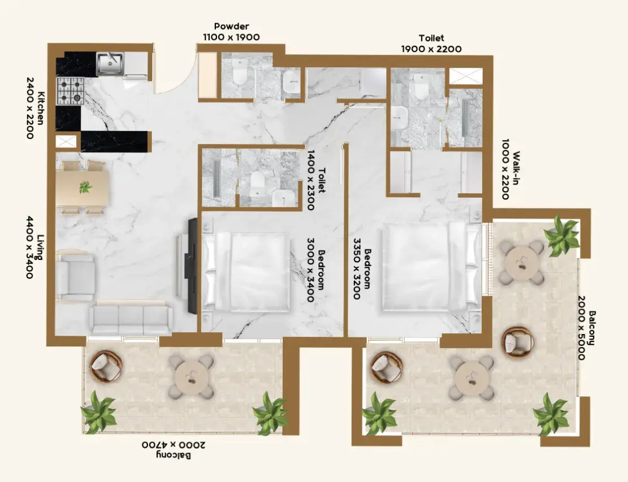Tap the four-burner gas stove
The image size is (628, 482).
pos(70,91)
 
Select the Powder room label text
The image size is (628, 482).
pos(232,27)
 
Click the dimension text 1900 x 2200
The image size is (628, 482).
pos(431,49)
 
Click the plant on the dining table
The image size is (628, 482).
pos(85,187)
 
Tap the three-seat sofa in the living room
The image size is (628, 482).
pos(131,319)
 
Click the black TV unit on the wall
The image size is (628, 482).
pos(193,266)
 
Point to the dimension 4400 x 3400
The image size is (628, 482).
pos(30,247)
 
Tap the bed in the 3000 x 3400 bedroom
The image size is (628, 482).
pos(246,272)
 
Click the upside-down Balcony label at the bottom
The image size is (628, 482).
pos(174,455)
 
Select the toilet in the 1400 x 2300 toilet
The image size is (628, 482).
pos(256,183)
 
